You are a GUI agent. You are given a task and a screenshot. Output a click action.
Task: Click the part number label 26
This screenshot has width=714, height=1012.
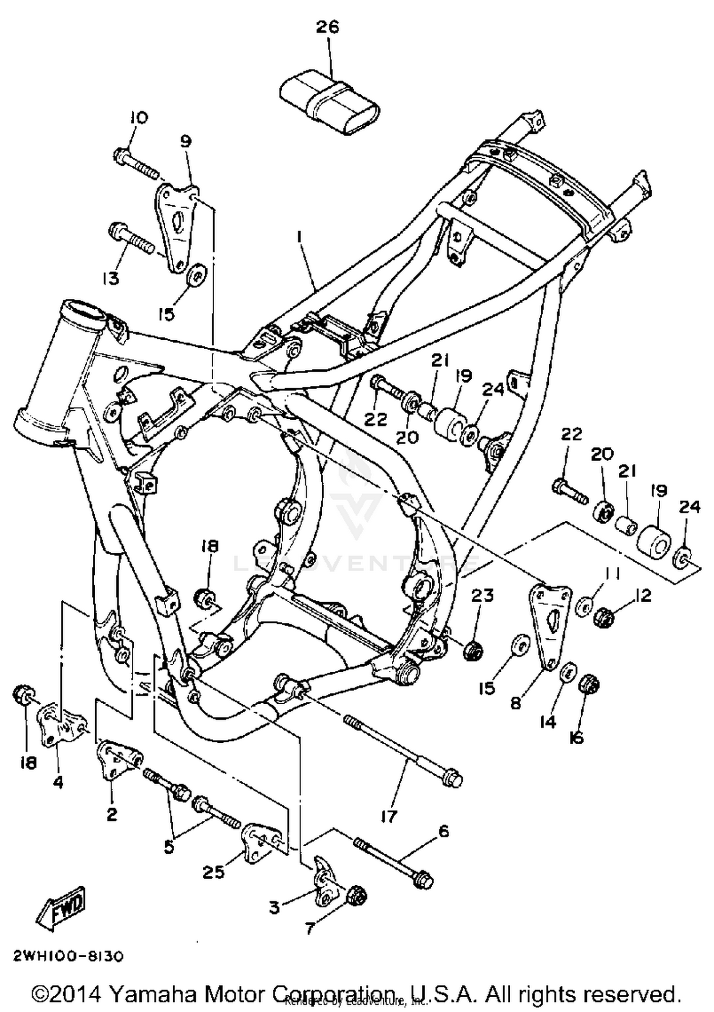[x=327, y=27]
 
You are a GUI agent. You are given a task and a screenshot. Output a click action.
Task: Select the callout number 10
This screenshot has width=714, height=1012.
[x=137, y=117]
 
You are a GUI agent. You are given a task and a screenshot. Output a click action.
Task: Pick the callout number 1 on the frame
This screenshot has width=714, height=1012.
[x=299, y=237]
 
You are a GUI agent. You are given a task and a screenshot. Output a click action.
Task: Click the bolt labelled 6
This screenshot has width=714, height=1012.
[x=393, y=856]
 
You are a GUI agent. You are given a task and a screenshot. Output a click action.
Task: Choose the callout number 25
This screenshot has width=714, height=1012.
[x=213, y=873]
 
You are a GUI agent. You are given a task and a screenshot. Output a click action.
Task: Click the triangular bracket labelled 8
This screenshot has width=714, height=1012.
[x=550, y=624]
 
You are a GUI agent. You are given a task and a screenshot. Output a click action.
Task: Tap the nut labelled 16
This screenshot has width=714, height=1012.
[x=589, y=685]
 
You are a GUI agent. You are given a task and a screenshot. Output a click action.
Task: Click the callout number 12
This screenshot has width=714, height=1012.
[x=643, y=596]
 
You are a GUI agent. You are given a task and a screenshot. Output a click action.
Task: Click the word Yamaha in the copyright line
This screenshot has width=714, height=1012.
[x=153, y=995]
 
